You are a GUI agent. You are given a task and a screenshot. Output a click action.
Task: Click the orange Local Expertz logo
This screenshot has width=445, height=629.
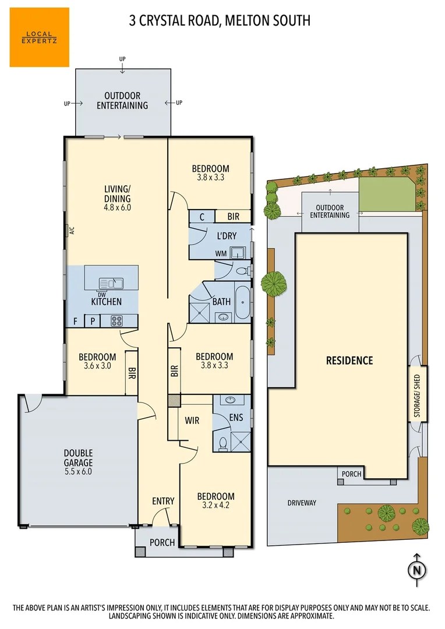pos(39,37)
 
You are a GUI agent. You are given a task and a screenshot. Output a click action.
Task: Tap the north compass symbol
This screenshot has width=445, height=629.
pos(416,570)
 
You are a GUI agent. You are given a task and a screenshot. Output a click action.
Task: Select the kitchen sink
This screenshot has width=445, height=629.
pos(111,283)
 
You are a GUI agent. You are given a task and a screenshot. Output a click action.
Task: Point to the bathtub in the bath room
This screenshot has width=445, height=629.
pos(242,301)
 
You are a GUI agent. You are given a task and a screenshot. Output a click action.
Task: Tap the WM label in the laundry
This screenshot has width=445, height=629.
pos(221,253)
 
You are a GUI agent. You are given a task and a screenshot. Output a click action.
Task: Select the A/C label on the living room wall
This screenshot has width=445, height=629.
pos(72,230)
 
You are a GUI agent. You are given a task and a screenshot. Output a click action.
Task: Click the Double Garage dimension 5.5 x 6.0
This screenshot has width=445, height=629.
pos(79,472)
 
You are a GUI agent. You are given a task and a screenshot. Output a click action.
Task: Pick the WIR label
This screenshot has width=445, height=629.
pos(193,420)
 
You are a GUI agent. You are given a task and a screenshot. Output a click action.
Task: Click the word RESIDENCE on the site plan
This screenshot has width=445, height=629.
pos(349,361)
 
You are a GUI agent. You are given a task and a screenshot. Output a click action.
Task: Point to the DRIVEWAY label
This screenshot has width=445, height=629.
pos(302,503)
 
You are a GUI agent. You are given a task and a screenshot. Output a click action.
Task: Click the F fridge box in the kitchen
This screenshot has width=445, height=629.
pos(75,321)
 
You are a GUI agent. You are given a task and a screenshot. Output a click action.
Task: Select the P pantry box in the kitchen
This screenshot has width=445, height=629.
pos(92,321)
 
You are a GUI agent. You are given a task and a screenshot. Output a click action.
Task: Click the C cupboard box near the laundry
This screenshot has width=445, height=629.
pos(201,217)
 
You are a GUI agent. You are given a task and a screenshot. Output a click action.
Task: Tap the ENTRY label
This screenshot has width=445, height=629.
pos(163,501)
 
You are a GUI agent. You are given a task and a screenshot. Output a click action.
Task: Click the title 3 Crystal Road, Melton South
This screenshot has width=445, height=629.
pos(220,21)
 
